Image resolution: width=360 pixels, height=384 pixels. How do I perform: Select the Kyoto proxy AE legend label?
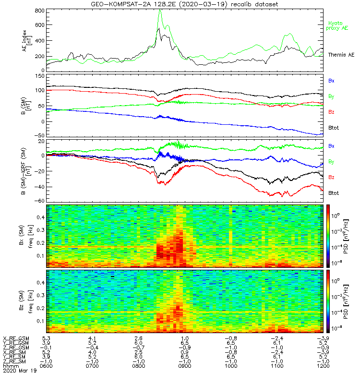(x=337, y=26)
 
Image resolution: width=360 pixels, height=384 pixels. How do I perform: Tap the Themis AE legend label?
(x=341, y=55)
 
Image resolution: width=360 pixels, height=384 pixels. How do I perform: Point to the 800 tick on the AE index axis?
(x=40, y=11)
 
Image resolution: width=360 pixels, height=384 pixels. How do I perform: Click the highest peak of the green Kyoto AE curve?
(x=160, y=10)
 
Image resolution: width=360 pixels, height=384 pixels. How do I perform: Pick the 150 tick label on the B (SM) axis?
(x=40, y=76)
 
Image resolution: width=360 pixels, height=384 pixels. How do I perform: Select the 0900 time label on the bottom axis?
(x=185, y=366)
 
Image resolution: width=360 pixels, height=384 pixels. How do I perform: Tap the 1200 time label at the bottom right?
(x=323, y=366)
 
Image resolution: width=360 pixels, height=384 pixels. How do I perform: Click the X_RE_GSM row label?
(x=16, y=339)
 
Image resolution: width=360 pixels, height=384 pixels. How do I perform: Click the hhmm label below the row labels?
(x=11, y=366)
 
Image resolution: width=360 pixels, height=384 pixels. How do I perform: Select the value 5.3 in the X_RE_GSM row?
(x=46, y=338)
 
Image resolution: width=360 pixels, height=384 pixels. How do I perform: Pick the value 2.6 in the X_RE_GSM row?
(x=138, y=338)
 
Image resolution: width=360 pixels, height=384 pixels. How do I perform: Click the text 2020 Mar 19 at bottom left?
(x=20, y=371)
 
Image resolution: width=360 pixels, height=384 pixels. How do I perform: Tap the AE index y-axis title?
(x=27, y=41)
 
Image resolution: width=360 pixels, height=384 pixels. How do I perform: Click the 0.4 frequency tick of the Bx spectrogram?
(x=40, y=217)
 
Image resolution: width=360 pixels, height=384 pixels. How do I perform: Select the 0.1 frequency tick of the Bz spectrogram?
(x=40, y=321)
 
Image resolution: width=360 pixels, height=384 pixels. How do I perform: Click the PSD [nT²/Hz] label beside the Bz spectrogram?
(x=346, y=302)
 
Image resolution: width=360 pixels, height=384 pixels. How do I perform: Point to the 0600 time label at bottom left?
(x=46, y=366)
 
